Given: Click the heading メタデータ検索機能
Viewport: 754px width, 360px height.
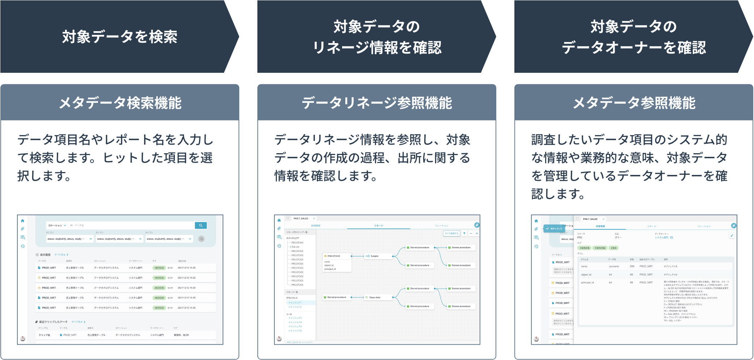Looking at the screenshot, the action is (x=120, y=103).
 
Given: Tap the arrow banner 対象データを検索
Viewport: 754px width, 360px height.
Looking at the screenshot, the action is (x=119, y=37).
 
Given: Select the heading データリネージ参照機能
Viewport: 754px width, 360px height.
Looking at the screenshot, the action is (x=376, y=103).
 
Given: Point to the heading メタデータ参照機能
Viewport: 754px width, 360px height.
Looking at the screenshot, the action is (x=634, y=103).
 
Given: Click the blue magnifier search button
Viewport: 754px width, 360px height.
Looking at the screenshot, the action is (x=201, y=225).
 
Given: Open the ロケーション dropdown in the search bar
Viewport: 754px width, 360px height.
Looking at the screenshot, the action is (x=57, y=225).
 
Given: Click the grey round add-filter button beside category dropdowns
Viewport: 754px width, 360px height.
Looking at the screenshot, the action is (x=201, y=239).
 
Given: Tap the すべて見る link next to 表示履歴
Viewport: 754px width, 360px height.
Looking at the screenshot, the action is (x=61, y=255).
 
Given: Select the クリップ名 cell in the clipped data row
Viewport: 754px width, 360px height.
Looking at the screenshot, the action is (x=45, y=335).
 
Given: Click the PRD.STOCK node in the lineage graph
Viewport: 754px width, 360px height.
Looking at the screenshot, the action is (x=334, y=256).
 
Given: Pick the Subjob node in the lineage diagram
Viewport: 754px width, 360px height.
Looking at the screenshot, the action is (x=374, y=256).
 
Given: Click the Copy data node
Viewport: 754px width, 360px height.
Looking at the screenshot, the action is (x=374, y=297).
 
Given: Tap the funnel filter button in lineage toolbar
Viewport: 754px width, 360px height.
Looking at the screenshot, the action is (x=464, y=234).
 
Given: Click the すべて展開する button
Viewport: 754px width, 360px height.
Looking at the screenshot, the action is (x=451, y=234).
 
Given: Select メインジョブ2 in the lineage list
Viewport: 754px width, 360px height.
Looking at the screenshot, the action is (x=295, y=307).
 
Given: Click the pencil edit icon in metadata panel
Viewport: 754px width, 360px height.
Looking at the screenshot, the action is (x=732, y=235).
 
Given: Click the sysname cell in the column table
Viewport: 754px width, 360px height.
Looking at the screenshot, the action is (x=614, y=267).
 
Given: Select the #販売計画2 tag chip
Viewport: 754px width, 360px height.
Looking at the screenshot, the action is (x=600, y=248).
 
